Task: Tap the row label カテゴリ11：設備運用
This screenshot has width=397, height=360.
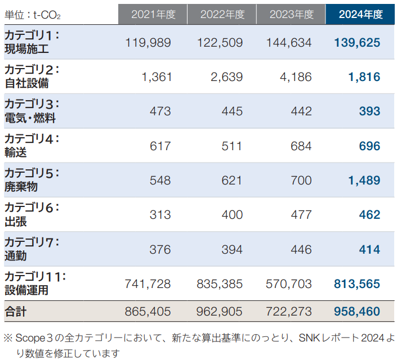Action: [35, 283]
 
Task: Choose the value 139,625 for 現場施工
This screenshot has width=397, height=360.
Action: [356, 42]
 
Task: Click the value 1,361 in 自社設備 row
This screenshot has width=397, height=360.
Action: [157, 77]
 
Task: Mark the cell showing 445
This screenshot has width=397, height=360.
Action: [231, 111]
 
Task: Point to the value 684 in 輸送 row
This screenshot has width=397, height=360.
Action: [301, 146]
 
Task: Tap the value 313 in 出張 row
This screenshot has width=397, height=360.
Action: [160, 215]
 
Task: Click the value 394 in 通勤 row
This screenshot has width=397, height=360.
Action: [231, 249]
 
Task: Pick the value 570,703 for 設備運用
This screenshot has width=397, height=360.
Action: [288, 284]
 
